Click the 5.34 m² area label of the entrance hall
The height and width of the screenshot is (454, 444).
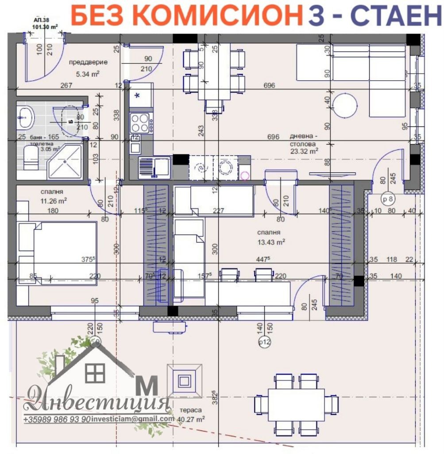(x=87, y=74)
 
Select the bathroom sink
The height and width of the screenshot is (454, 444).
(x=26, y=116)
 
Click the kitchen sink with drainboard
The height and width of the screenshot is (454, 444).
(x=154, y=168)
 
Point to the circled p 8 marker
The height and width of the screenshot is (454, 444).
(x=388, y=199)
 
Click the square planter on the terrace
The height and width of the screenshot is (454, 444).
(x=184, y=380)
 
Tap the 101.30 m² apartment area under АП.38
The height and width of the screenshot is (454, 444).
(x=46, y=26)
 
